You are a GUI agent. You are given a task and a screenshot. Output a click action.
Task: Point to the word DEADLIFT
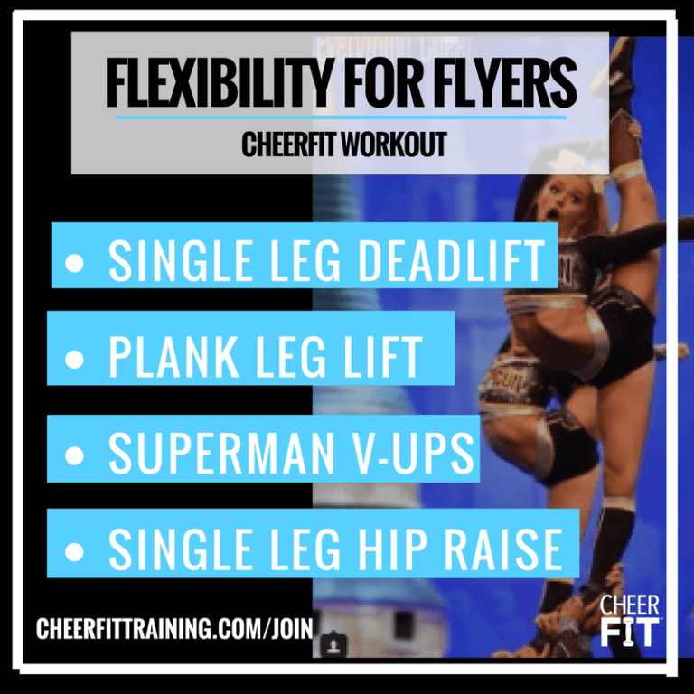pos(452,262)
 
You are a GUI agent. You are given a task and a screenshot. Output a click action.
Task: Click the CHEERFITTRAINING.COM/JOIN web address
pos(173,628)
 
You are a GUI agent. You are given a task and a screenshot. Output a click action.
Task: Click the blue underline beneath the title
pos(341,117)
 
